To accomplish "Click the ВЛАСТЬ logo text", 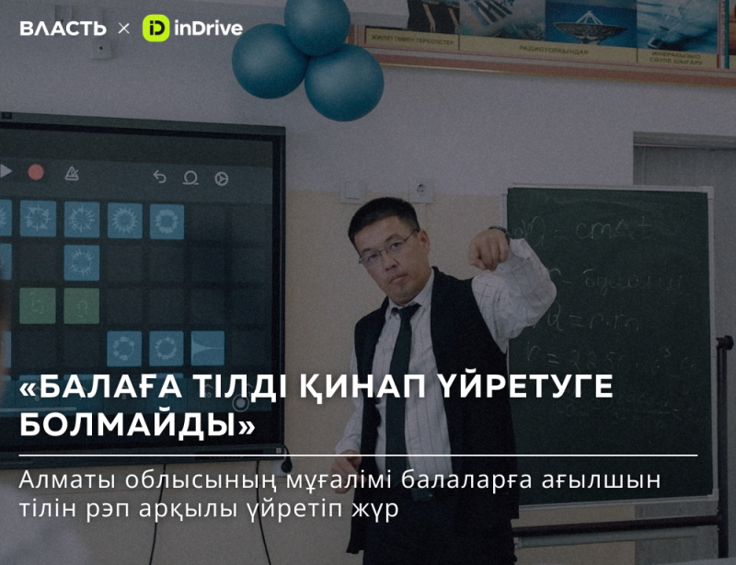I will pyautogui.click(x=63, y=29).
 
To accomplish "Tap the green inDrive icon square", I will pyautogui.click(x=155, y=29).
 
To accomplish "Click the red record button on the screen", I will pyautogui.click(x=36, y=172).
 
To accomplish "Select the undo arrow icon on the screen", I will pyautogui.click(x=159, y=177).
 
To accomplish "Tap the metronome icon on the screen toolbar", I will pyautogui.click(x=71, y=173).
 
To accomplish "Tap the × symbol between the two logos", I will pyautogui.click(x=123, y=29).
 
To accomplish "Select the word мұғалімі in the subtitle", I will pyautogui.click(x=305, y=481).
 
